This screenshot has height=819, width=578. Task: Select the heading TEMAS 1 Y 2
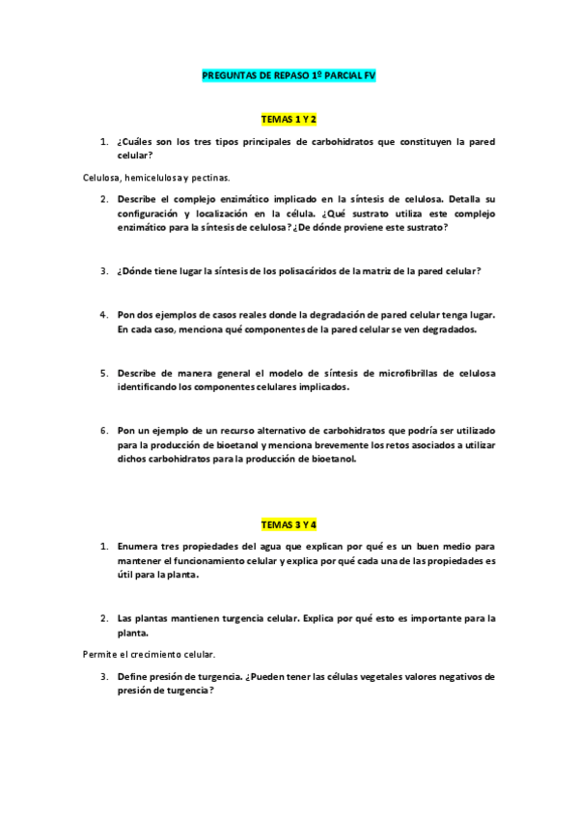coord(289,119)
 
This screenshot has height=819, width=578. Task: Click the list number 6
coord(104,431)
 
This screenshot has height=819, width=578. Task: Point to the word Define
coord(135,677)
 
